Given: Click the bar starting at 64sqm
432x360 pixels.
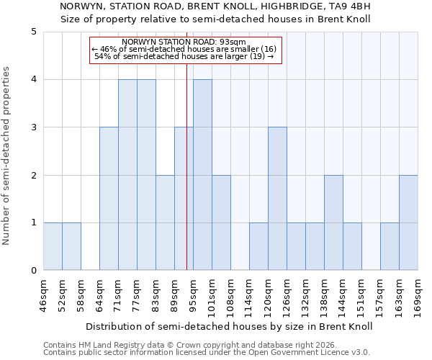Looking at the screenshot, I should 109,199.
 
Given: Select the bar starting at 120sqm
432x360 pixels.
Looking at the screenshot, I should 277,199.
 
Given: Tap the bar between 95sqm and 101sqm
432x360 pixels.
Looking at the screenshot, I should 202,175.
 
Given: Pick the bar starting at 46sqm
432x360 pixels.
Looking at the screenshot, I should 53,246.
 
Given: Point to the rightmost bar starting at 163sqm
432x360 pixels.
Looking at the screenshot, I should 408,222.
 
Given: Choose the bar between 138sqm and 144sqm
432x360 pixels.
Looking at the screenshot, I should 333,222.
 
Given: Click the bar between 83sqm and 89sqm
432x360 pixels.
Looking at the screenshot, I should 165,222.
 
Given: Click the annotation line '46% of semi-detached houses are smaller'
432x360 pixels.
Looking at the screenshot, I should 184,48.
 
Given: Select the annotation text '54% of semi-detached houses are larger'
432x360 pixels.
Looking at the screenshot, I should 184,56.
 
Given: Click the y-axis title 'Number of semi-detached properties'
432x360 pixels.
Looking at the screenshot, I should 7,156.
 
